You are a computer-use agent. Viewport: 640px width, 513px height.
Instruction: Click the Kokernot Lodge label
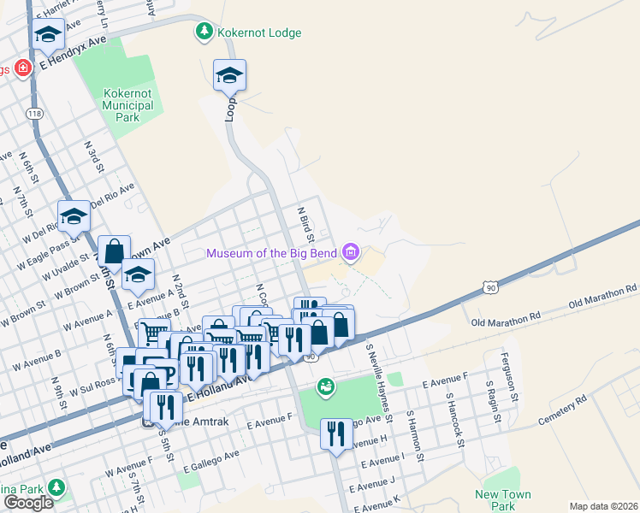(x=259, y=33)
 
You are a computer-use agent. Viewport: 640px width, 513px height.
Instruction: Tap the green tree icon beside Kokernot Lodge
(x=204, y=33)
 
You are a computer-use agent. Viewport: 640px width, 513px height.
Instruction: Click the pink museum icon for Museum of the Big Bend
(x=350, y=252)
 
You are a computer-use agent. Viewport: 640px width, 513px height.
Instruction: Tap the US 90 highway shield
(x=489, y=289)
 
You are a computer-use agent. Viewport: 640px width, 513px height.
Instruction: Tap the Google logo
(x=28, y=502)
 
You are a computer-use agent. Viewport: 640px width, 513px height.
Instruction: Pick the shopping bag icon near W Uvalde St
(x=114, y=251)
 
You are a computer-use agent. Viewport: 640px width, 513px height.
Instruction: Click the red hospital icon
(x=21, y=68)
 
